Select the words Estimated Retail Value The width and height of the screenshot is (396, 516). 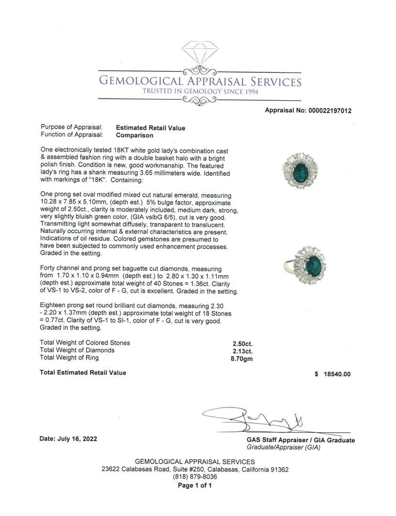[x=150, y=128]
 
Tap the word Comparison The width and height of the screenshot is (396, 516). [x=135, y=135]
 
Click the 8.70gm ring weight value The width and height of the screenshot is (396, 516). [x=241, y=358]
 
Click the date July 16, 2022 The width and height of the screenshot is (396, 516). [x=68, y=439]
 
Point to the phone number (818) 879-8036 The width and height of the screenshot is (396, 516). [x=194, y=477]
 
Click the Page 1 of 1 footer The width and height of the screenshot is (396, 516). [x=194, y=485]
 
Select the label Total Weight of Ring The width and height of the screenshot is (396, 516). [x=70, y=358]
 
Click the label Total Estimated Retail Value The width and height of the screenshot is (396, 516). [x=83, y=373]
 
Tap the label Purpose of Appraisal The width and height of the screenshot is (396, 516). [x=71, y=128]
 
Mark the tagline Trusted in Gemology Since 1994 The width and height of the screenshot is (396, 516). [x=200, y=91]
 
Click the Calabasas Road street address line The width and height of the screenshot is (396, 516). [x=194, y=469]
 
